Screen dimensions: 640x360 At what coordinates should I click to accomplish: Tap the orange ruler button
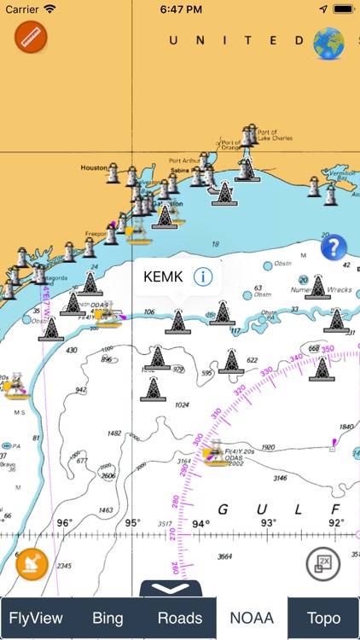coord(32,38)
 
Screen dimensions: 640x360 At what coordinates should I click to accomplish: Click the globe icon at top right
coord(330,44)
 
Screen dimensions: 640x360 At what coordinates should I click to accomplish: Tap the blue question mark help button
coord(334,248)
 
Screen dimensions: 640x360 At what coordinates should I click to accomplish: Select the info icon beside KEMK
coord(202,276)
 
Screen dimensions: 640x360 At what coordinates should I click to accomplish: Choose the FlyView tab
coord(36,618)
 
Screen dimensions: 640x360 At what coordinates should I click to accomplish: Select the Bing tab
coord(107,618)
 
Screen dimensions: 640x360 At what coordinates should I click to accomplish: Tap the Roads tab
coord(180,618)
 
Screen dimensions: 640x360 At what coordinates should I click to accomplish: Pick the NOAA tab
coord(252,618)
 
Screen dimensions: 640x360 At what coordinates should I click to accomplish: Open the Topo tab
coord(323,618)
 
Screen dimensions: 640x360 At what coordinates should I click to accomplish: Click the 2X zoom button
coord(323,562)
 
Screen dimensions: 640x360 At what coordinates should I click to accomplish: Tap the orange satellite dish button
coord(32,564)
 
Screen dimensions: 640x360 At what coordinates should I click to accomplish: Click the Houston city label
coord(94,168)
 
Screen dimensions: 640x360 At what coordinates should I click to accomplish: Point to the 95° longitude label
coord(132,523)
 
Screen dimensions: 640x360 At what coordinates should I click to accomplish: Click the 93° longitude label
coord(268,523)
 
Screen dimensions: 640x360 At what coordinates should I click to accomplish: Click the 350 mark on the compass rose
coord(328,349)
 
